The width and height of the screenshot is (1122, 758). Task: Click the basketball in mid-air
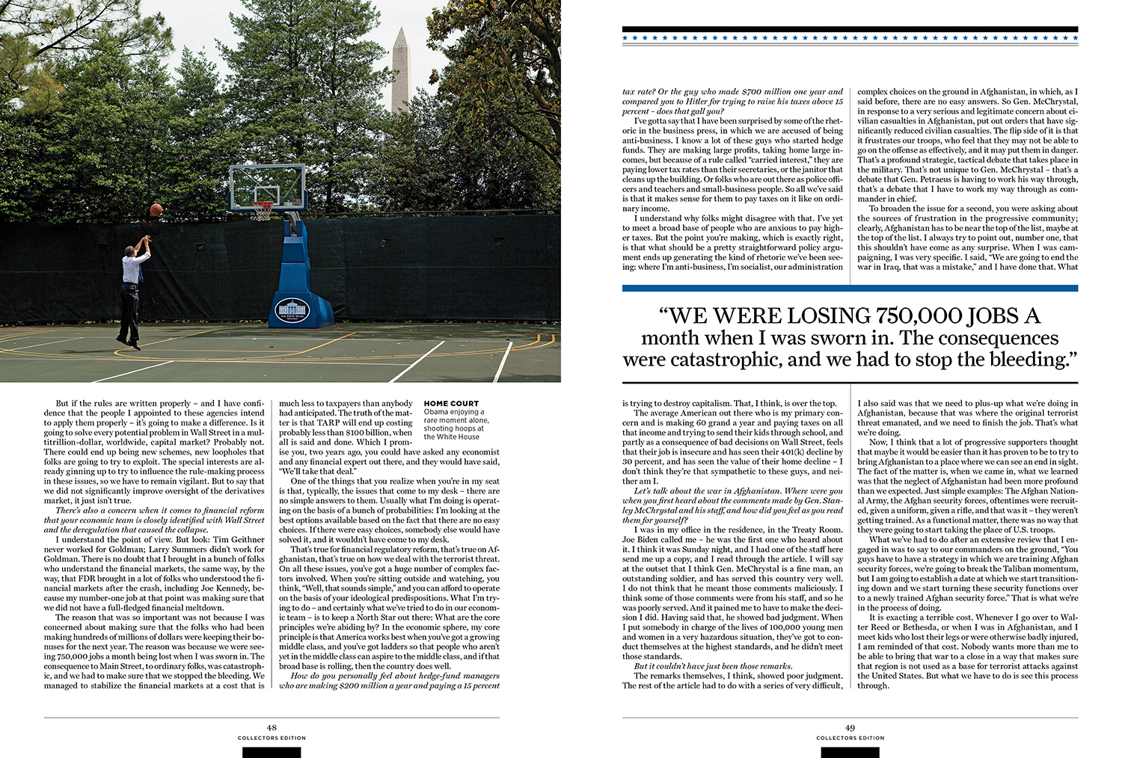click(156, 209)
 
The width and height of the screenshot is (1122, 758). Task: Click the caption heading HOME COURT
click(451, 404)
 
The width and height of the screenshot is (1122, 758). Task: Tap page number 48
click(272, 727)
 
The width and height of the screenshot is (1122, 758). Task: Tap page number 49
click(850, 727)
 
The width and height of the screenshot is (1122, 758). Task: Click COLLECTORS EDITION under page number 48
click(272, 738)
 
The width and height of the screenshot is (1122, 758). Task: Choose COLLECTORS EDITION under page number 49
click(850, 738)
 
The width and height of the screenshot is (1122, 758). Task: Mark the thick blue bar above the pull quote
click(850, 288)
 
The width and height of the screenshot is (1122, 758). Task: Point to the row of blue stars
click(850, 37)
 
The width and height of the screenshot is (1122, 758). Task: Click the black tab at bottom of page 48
click(272, 752)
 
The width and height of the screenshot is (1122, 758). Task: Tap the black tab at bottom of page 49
click(850, 752)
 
